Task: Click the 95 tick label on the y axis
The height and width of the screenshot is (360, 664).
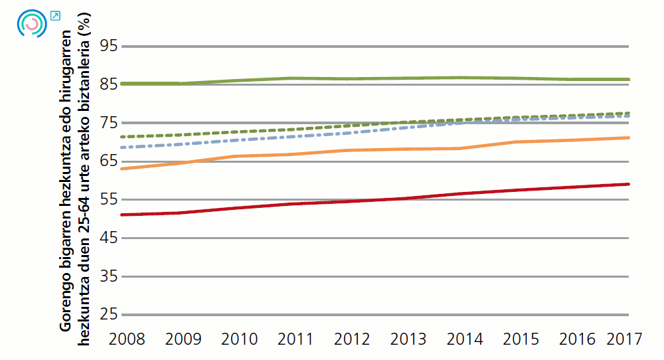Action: tap(108, 46)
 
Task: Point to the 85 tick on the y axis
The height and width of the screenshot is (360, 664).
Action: tap(108, 84)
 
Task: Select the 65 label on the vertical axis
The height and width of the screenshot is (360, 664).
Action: tap(108, 161)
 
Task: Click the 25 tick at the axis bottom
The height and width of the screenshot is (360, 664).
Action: tap(108, 314)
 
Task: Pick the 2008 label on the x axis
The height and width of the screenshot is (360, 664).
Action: tap(127, 339)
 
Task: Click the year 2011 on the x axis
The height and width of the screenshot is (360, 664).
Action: tap(295, 339)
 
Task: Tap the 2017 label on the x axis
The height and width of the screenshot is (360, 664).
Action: tap(624, 339)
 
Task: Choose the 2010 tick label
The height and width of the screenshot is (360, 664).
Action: tap(239, 339)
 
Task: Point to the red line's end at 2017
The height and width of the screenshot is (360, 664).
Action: tap(628, 184)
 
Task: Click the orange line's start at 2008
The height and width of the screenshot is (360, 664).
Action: tap(123, 169)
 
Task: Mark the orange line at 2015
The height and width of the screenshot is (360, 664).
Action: tap(517, 142)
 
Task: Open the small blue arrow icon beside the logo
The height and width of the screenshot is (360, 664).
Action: tap(55, 15)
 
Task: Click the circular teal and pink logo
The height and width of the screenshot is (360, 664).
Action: tap(31, 23)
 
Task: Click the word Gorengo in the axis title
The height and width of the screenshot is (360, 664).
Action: tap(65, 306)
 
